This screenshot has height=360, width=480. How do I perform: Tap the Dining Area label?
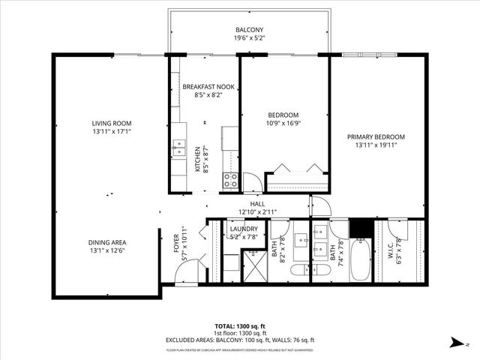pyautogui.click(x=107, y=242)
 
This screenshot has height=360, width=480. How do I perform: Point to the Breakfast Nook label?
pyautogui.click(x=208, y=88)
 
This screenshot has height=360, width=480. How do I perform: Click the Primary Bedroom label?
pyautogui.click(x=376, y=136)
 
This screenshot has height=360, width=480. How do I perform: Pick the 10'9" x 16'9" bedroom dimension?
pyautogui.click(x=283, y=124)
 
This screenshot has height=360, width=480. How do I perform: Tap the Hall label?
pyautogui.click(x=257, y=204)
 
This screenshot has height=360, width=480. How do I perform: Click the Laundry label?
pyautogui.click(x=244, y=229)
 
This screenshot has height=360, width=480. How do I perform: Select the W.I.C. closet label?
pyautogui.click(x=399, y=247)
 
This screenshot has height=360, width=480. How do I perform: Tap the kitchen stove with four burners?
pyautogui.click(x=230, y=180)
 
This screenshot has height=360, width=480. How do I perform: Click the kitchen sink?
pyautogui.click(x=178, y=147)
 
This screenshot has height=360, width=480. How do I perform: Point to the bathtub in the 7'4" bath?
pyautogui.click(x=360, y=259)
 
